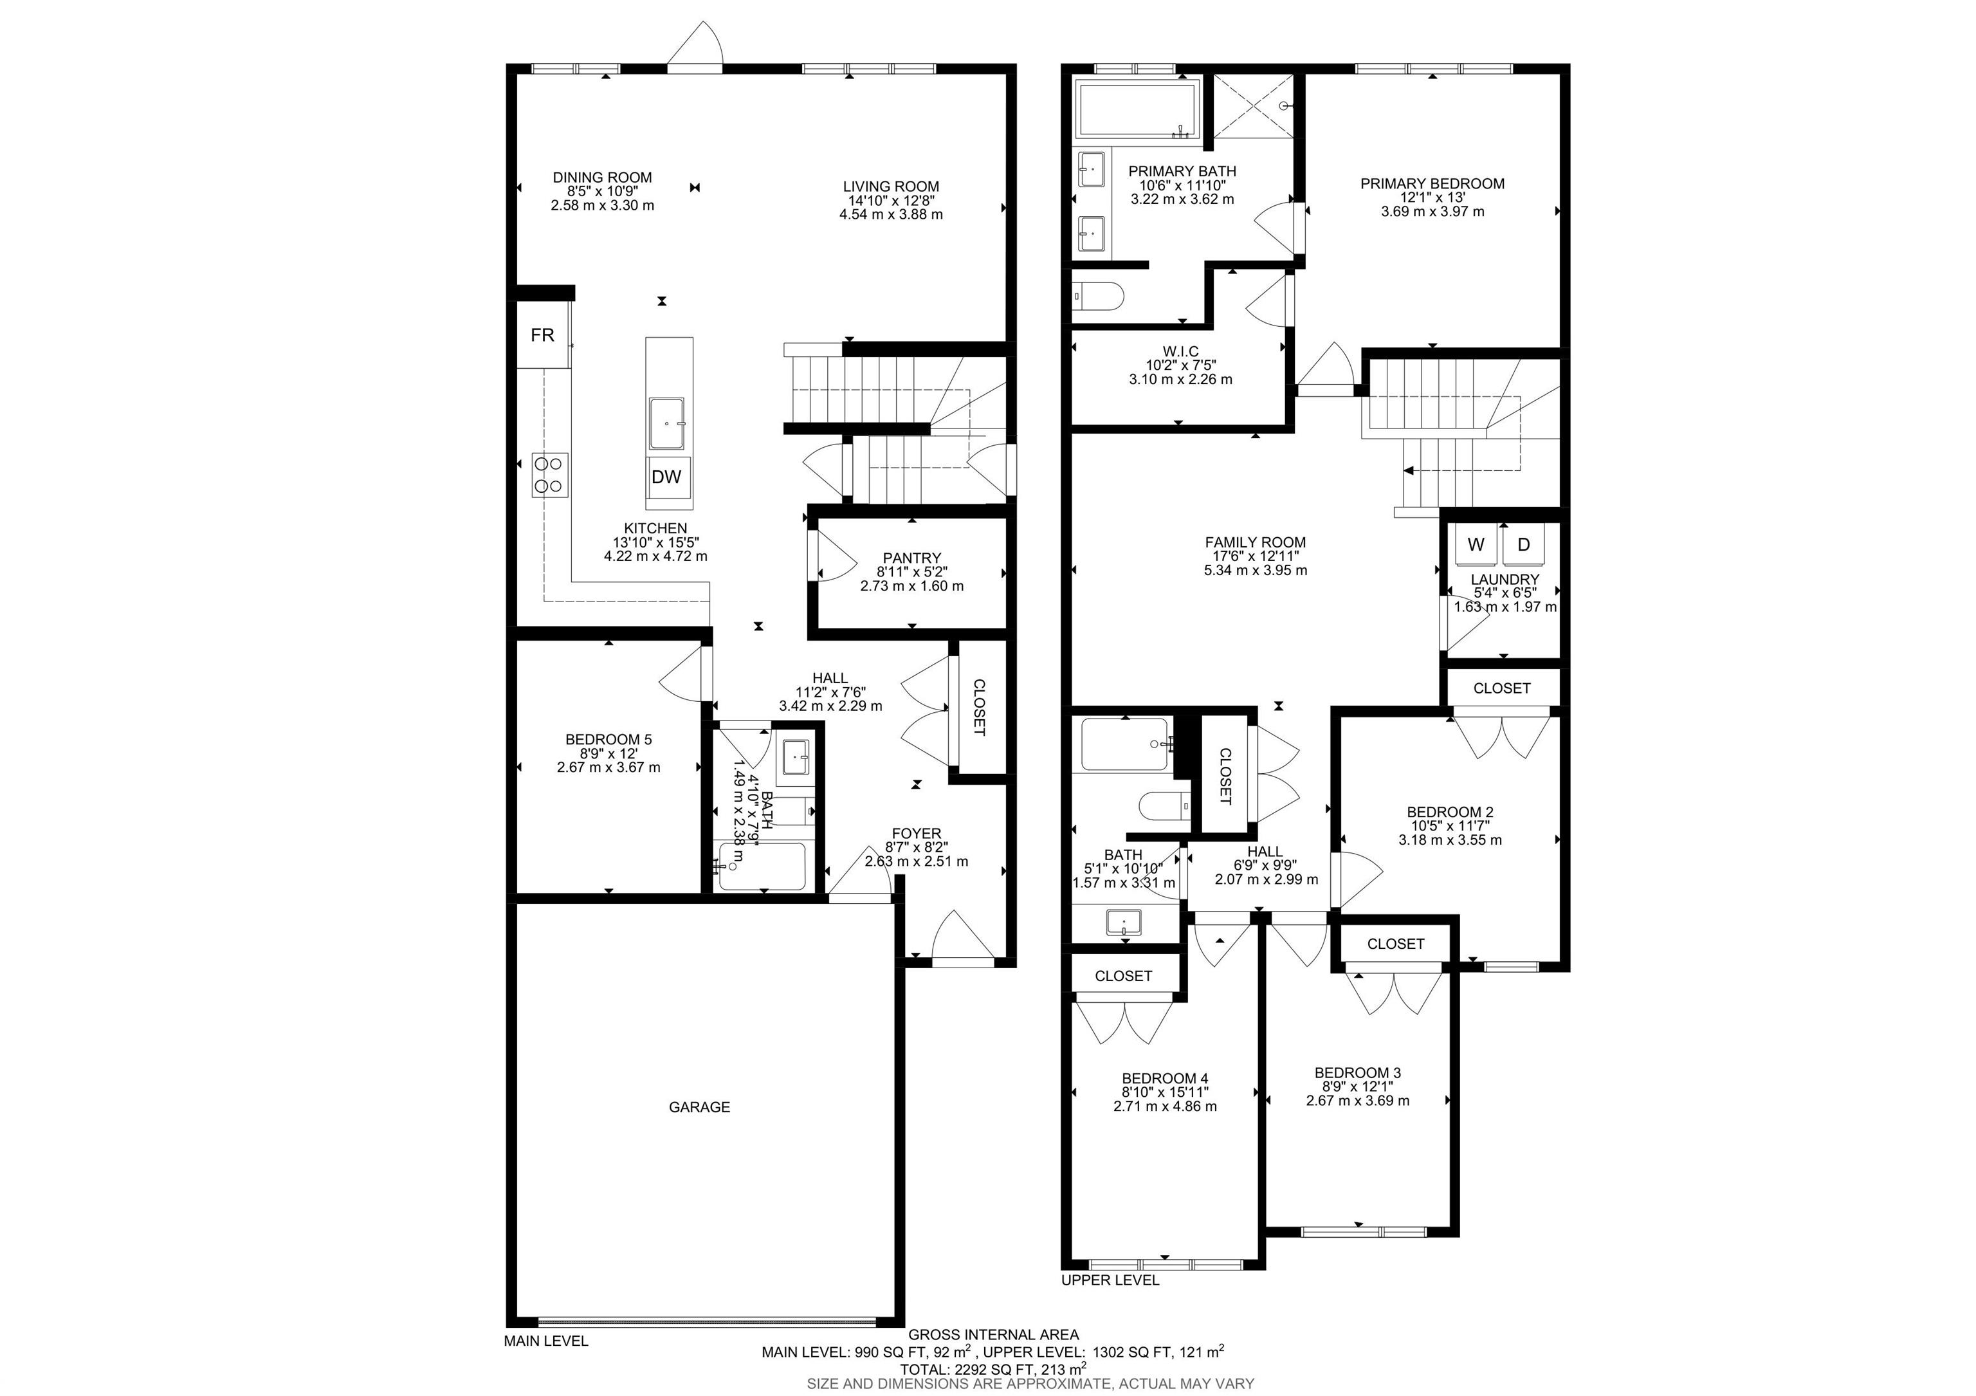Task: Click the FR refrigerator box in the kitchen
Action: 543,335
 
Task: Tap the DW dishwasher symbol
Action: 667,477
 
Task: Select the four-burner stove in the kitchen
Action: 551,474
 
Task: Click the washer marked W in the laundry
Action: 1477,544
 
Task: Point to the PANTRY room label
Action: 912,558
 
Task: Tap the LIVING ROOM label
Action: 891,187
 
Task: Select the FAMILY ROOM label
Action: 1256,542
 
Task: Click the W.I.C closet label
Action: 1181,351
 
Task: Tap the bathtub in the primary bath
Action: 1137,109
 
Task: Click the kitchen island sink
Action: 667,423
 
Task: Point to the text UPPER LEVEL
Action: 1110,1280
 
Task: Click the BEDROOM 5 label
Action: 608,739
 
